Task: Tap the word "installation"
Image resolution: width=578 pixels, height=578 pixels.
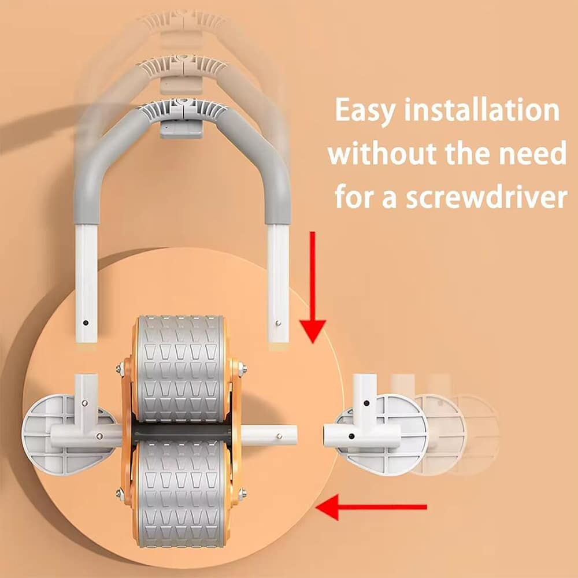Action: (482, 109)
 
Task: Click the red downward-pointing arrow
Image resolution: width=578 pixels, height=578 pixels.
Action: (313, 287)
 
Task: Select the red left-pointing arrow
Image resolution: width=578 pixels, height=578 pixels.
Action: (371, 507)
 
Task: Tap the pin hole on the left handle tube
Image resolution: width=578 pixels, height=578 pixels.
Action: (86, 323)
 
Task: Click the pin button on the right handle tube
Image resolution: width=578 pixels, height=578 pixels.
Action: (278, 323)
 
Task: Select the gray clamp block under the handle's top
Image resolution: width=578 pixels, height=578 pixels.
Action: (181, 129)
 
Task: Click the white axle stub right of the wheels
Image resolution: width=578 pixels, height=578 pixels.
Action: (269, 436)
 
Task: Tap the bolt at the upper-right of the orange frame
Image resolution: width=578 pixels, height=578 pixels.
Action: (242, 368)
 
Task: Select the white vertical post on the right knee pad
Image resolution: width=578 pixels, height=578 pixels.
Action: (364, 399)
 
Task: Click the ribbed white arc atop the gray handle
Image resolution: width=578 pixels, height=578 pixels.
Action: (183, 108)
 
